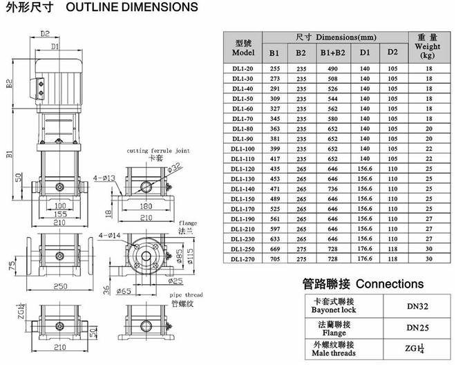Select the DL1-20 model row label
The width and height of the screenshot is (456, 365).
tap(244, 69)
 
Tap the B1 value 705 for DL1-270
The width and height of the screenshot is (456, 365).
tap(274, 259)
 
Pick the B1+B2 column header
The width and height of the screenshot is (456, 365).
tap(329, 53)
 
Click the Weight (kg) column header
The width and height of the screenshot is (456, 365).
tap(428, 46)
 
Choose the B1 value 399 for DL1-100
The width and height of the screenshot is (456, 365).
tap(274, 149)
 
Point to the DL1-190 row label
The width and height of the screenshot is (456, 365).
tap(244, 218)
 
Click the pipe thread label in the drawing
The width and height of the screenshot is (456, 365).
tap(184, 294)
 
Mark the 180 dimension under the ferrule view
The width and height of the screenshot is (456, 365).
tap(144, 206)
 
